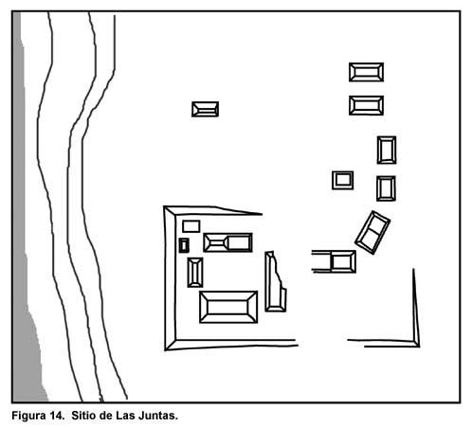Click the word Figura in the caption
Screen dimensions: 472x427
[28, 416]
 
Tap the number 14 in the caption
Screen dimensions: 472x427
[57, 416]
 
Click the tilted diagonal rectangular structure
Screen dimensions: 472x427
[372, 233]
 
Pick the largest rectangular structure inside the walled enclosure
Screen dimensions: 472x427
[228, 307]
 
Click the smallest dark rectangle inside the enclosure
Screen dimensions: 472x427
[184, 245]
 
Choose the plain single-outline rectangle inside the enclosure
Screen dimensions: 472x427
[191, 226]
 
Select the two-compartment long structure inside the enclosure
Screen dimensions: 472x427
[227, 242]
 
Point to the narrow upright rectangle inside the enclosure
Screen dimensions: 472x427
[195, 273]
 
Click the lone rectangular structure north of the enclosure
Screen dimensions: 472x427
[205, 109]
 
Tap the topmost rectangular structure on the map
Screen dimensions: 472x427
[366, 72]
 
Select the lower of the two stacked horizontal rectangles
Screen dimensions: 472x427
[366, 105]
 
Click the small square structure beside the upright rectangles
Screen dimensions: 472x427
[343, 180]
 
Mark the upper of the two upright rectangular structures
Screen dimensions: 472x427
[387, 151]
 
